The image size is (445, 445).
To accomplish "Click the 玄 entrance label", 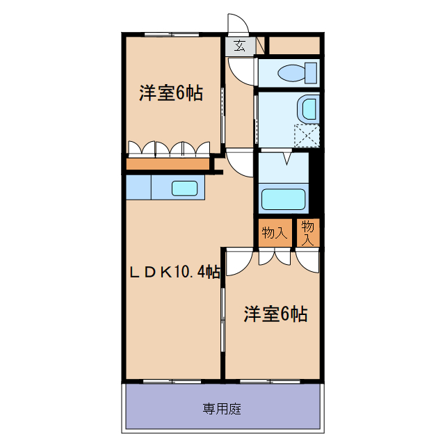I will (x=239, y=47).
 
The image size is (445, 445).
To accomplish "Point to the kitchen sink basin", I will (x=186, y=188).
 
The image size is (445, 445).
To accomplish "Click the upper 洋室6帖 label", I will (x=170, y=93).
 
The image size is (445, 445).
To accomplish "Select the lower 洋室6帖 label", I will (x=275, y=314).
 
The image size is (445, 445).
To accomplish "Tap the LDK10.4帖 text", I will (x=174, y=272).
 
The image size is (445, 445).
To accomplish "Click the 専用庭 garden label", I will (x=222, y=408).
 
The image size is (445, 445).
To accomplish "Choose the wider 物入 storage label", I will (x=274, y=232).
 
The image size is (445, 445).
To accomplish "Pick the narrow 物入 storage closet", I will (x=309, y=233).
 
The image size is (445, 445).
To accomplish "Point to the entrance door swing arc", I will (x=238, y=25).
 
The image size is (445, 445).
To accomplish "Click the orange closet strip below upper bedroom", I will (x=168, y=165).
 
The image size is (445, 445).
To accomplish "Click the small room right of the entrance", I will (x=294, y=45).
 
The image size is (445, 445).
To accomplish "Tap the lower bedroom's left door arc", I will (x=236, y=263).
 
